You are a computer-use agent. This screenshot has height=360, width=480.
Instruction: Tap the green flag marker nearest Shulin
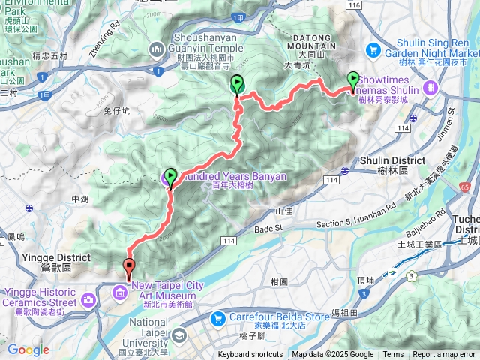coord(353,80)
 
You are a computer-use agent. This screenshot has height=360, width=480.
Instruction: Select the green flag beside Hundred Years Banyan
coord(170,178)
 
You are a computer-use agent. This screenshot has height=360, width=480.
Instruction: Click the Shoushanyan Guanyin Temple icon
coord(157,49)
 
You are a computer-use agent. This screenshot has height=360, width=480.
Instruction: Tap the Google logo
coord(28,349)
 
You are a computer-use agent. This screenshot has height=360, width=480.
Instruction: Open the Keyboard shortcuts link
coord(250,355)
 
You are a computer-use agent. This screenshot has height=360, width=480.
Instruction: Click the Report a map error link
coord(445,355)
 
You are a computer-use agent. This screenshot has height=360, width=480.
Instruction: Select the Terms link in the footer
coord(393,355)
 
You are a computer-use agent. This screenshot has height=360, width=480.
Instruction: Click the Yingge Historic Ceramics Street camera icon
coord(88,300)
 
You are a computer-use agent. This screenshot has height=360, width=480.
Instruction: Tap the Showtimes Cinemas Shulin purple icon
coord(430,88)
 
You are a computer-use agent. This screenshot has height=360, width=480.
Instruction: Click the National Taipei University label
coord(159,327)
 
